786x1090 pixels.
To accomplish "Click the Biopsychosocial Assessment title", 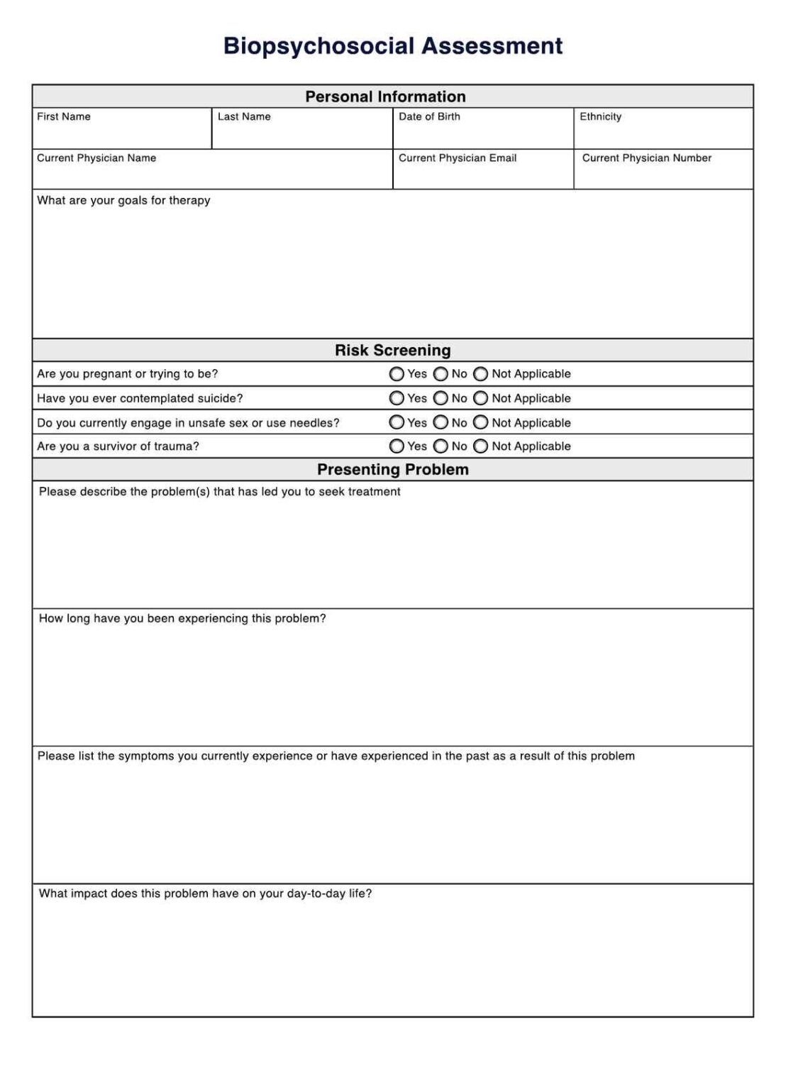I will (x=392, y=46).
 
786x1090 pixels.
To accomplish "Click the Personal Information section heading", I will (x=385, y=97).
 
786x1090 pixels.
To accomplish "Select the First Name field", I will (x=121, y=133).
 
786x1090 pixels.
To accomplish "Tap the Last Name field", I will (x=301, y=133).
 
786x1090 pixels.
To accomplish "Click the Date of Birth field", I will (x=482, y=133).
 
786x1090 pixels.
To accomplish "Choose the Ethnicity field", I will (x=663, y=133).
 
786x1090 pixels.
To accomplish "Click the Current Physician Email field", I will (x=482, y=174).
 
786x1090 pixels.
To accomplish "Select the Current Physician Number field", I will (x=663, y=174).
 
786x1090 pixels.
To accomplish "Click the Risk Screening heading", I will (x=392, y=350).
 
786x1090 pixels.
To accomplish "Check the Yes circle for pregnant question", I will (x=397, y=374).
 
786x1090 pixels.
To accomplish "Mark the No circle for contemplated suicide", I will (x=441, y=398).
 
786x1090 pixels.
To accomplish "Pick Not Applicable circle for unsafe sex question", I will (x=481, y=422).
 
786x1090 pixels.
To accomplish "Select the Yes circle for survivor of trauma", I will (x=397, y=446).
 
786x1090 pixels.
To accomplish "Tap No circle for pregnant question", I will (x=441, y=374).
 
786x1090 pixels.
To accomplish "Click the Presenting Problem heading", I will (x=392, y=469).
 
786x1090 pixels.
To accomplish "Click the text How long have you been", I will (x=106, y=618).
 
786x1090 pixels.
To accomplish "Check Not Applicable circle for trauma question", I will (x=481, y=446).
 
